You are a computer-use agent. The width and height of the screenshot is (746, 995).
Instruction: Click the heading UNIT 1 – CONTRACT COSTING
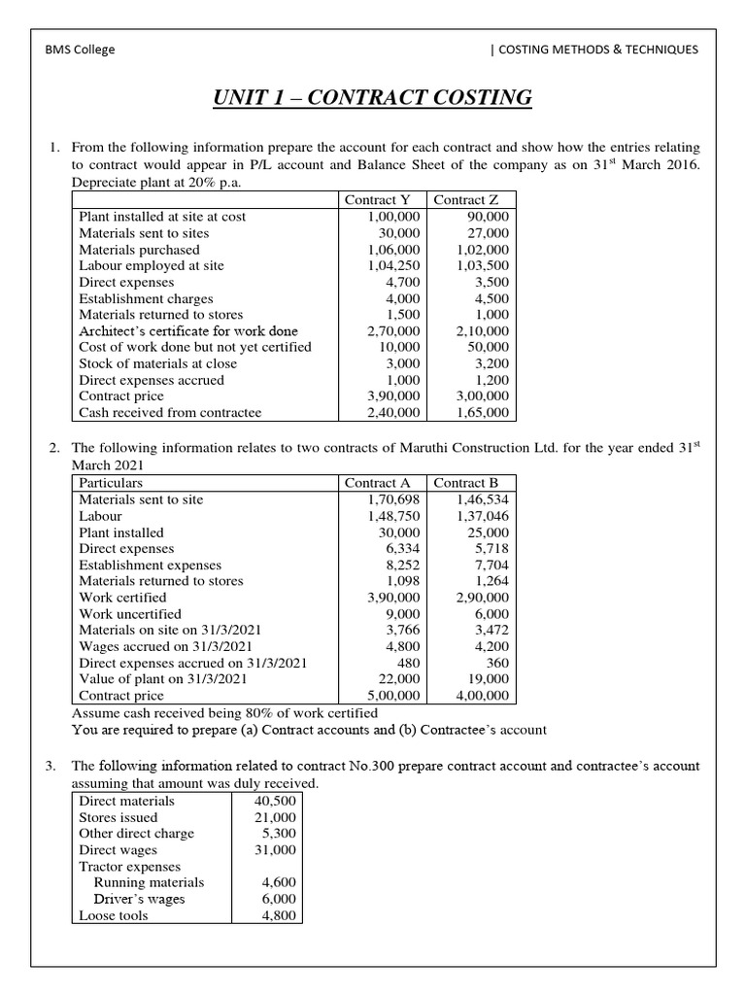pos(373,97)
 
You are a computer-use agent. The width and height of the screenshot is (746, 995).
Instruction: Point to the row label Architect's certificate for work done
pos(188,330)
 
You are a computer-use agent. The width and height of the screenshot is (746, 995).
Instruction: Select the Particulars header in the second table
pos(111,483)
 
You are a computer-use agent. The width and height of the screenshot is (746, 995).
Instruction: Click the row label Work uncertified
pos(130,614)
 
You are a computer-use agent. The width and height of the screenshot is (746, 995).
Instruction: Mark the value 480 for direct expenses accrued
pos(407,663)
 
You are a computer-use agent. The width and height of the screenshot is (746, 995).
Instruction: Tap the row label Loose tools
pos(114,915)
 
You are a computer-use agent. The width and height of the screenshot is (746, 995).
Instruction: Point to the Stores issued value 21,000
pos(277,817)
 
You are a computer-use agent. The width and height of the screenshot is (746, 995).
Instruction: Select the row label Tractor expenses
pos(129,866)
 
